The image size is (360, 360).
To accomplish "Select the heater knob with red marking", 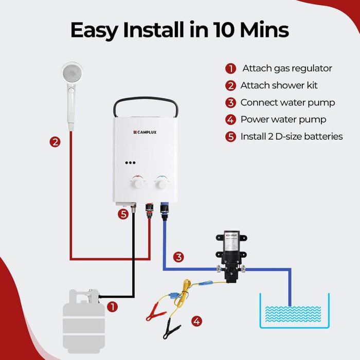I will tap(138, 182).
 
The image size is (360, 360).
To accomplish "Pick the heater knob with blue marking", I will tap(160, 182).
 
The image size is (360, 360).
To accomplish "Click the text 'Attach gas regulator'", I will tap(287, 68).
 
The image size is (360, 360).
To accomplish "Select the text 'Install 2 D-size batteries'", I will tap(292, 137).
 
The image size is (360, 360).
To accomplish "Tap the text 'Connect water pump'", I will tap(287, 103).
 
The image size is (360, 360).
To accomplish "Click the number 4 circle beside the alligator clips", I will tap(196, 321).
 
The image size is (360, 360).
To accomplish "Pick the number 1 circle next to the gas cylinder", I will tap(113, 307).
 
